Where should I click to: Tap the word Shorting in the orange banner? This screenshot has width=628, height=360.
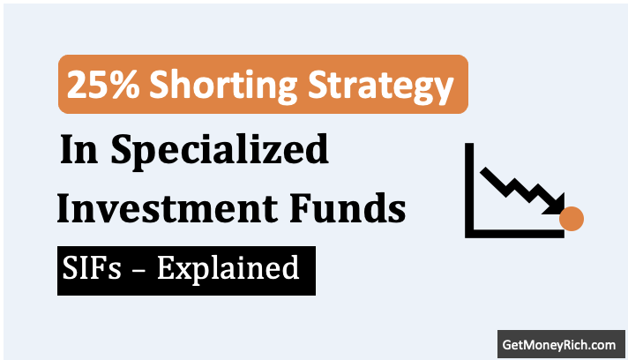[x=204, y=86]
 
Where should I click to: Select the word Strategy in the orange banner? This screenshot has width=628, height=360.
[x=370, y=86]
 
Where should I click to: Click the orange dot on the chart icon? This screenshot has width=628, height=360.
[x=572, y=218]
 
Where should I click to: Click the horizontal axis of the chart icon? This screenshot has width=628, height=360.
[x=516, y=234]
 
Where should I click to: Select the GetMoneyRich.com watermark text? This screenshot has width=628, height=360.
[x=557, y=342]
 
